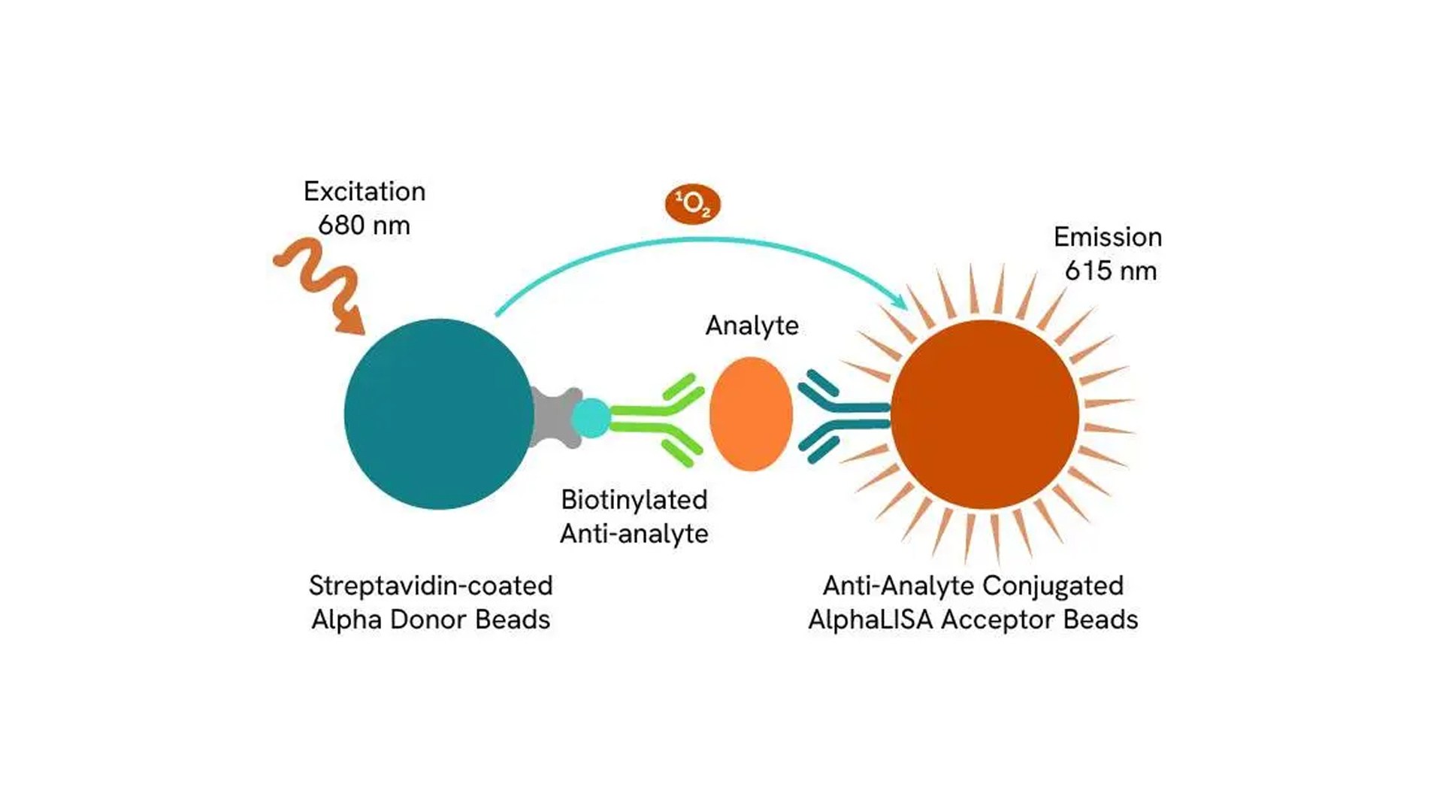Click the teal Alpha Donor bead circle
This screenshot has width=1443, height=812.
[439, 414]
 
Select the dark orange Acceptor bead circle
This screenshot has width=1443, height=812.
[985, 414]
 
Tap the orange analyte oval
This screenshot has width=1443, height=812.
[751, 414]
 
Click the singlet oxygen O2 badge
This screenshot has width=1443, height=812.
[692, 204]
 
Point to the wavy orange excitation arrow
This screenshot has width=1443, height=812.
[319, 282]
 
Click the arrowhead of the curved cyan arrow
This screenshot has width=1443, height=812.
[900, 301]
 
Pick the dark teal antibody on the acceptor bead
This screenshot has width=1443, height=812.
[842, 416]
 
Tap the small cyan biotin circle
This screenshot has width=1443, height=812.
[591, 418]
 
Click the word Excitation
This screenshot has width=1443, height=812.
[365, 192]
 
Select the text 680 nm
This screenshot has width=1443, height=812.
[365, 226]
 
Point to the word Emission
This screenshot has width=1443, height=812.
[1108, 238]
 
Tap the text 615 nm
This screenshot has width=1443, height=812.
[1111, 271]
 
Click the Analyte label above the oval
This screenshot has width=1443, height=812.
[752, 326]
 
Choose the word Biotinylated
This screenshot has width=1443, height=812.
[634, 500]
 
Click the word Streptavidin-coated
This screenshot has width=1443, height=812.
[431, 586]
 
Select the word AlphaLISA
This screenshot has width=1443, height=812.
[870, 620]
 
